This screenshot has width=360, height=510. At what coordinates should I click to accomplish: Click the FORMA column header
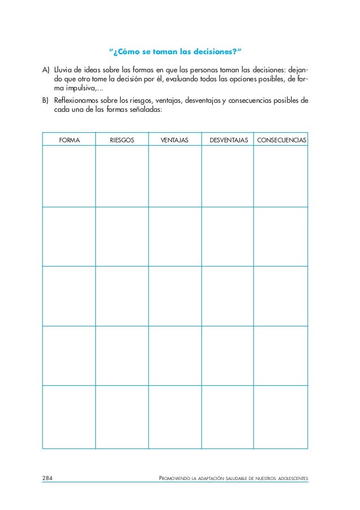tap(69, 139)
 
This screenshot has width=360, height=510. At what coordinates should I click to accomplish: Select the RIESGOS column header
tap(122, 139)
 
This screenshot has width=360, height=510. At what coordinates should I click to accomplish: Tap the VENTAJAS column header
tap(174, 139)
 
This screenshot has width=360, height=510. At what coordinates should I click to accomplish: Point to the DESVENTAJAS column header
tap(229, 139)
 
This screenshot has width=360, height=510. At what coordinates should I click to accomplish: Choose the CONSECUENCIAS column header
tap(282, 139)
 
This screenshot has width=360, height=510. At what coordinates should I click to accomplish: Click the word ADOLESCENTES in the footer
tap(289, 480)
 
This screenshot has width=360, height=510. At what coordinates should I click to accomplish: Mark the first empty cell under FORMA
tap(69, 176)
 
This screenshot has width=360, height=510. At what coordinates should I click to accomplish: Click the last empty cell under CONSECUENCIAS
tap(281, 417)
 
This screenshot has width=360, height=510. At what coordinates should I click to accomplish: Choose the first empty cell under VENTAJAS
tap(174, 176)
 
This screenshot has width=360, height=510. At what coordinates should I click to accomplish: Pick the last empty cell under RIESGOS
tap(122, 417)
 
